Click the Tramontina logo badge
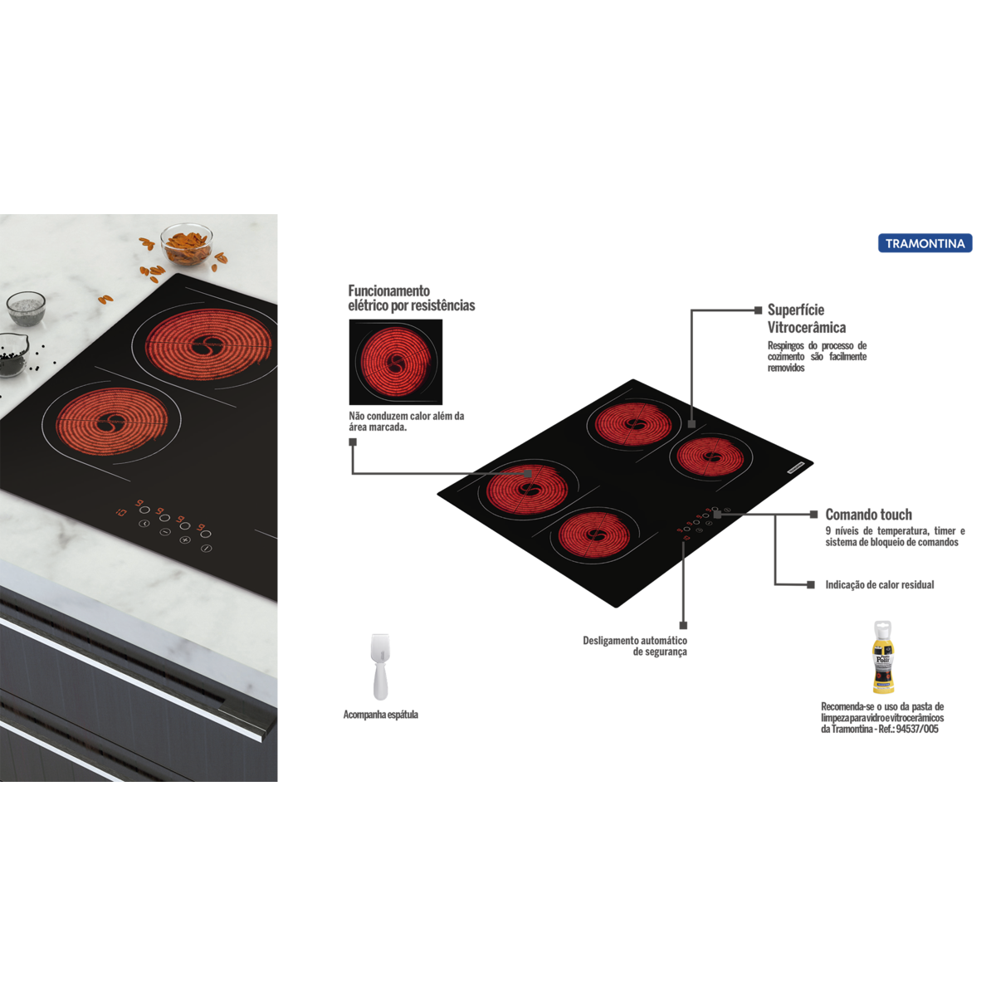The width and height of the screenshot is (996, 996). pyautogui.click(x=925, y=243)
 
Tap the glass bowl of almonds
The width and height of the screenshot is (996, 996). pyautogui.click(x=186, y=244)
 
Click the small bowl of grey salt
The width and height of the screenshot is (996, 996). pyautogui.click(x=26, y=308)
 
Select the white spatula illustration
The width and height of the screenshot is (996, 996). pyautogui.click(x=380, y=666)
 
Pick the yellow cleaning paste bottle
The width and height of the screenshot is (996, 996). pyautogui.click(x=883, y=657)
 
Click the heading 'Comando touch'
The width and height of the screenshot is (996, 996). pyautogui.click(x=868, y=515)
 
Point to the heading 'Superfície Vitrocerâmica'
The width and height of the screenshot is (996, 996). pyautogui.click(x=806, y=319)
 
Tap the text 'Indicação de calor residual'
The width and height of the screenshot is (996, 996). pyautogui.click(x=879, y=584)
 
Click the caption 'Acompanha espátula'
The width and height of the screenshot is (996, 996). pyautogui.click(x=380, y=715)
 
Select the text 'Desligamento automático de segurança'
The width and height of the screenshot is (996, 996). pyautogui.click(x=635, y=646)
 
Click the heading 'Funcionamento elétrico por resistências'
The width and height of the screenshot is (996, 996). pyautogui.click(x=411, y=298)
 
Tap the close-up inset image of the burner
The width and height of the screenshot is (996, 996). pyautogui.click(x=395, y=362)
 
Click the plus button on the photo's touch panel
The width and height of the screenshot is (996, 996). pyautogui.click(x=184, y=540)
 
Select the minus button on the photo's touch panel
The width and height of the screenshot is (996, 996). pyautogui.click(x=164, y=532)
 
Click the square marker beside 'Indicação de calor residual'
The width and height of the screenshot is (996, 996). pyautogui.click(x=811, y=584)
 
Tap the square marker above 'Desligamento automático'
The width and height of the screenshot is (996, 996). pyautogui.click(x=683, y=626)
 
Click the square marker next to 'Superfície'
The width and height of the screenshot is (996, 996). pyautogui.click(x=759, y=310)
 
